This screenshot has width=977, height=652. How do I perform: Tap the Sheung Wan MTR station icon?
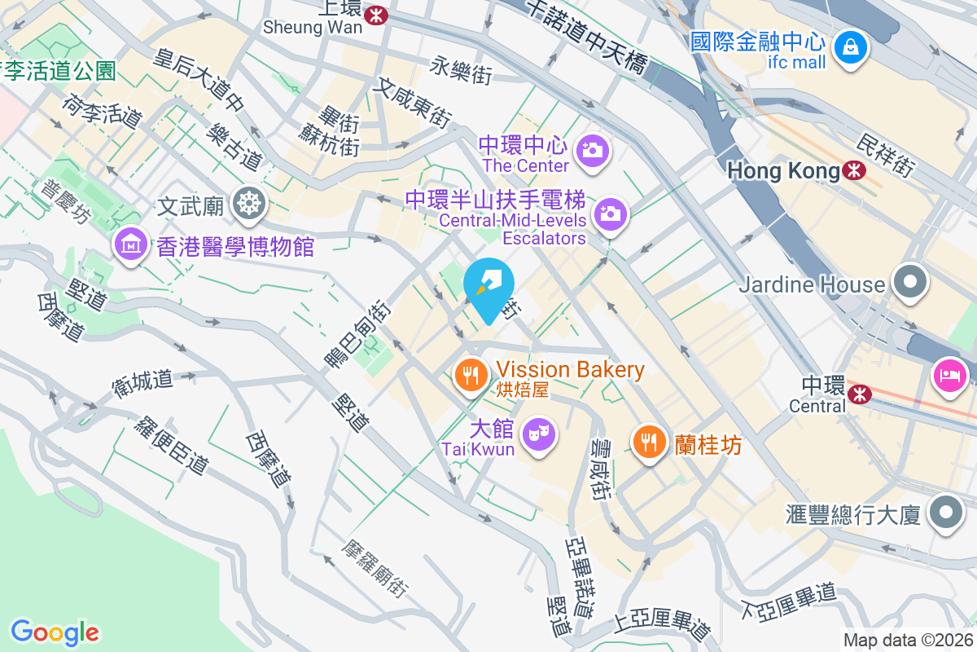pos(376,15)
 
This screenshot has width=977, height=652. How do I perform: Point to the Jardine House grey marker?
pos(910,282)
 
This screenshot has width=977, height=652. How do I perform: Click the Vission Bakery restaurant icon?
pos(470,375)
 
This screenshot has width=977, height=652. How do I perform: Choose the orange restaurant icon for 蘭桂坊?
pos(649,442)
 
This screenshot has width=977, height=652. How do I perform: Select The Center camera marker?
pos(592,150)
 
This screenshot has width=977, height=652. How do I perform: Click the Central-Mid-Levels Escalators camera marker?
pos(611,214)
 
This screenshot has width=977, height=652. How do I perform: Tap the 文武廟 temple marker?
pos(248,203)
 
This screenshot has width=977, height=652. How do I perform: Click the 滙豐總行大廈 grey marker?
pos(945,513)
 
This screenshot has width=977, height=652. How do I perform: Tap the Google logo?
pos(55,632)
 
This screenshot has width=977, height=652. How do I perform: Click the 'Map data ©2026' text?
pos(908,641)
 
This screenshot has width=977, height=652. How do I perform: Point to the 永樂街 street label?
pos(462,70)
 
